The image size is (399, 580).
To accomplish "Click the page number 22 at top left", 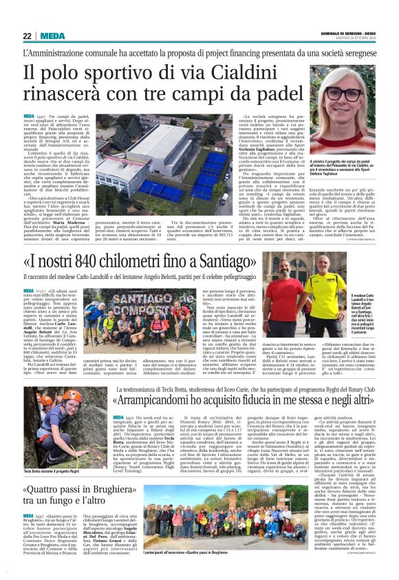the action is [x=27, y=36].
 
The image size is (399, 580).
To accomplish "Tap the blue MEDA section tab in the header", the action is [x=52, y=36].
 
